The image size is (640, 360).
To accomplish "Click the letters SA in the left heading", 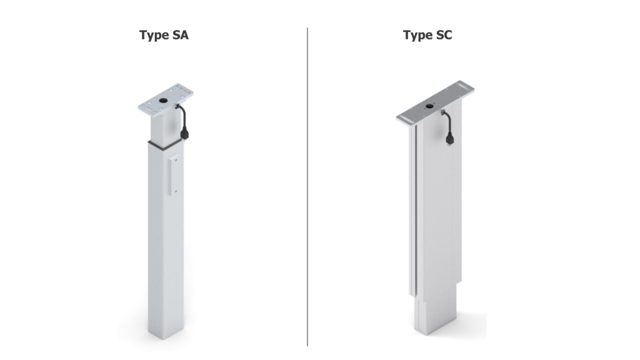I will tap(179, 35).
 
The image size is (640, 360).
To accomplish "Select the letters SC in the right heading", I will tap(443, 35).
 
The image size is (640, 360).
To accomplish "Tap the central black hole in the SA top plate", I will tap(164, 100).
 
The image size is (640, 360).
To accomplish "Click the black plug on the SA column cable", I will tap(186, 132).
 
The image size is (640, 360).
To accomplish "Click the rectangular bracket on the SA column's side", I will tap(175, 174).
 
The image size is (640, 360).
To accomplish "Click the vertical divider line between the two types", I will tap(307, 187).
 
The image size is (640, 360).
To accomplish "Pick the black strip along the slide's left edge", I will tap(32, 180).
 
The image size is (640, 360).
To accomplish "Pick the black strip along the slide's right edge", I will tap(608, 180).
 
